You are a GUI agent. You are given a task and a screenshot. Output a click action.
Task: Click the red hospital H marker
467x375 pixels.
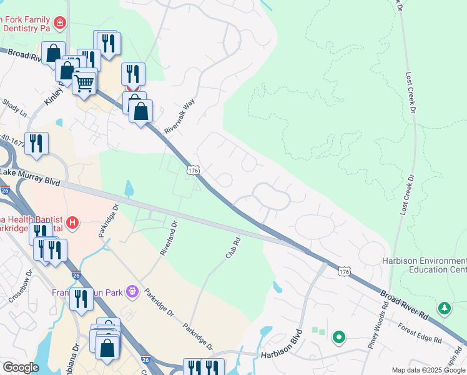[x=73, y=222]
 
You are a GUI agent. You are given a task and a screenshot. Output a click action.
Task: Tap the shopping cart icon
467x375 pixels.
[x=84, y=82]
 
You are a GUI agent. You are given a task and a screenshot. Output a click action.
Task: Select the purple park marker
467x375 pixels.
[x=131, y=291]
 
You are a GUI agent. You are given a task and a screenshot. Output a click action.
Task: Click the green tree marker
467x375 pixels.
[x=444, y=307]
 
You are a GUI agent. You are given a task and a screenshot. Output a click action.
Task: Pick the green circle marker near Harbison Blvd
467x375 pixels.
[x=339, y=337]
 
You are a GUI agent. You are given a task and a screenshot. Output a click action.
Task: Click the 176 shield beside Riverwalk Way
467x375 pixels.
[x=193, y=170]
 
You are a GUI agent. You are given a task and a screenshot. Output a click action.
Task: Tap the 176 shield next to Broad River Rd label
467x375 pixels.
[x=343, y=271]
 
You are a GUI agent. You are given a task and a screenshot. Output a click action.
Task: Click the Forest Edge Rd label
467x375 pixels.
[x=421, y=332]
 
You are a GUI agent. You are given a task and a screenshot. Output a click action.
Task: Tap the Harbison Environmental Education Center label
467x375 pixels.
[x=424, y=265]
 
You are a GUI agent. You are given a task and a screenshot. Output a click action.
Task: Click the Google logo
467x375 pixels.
[x=20, y=367]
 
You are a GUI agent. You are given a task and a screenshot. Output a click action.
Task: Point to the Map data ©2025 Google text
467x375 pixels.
[x=429, y=370]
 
